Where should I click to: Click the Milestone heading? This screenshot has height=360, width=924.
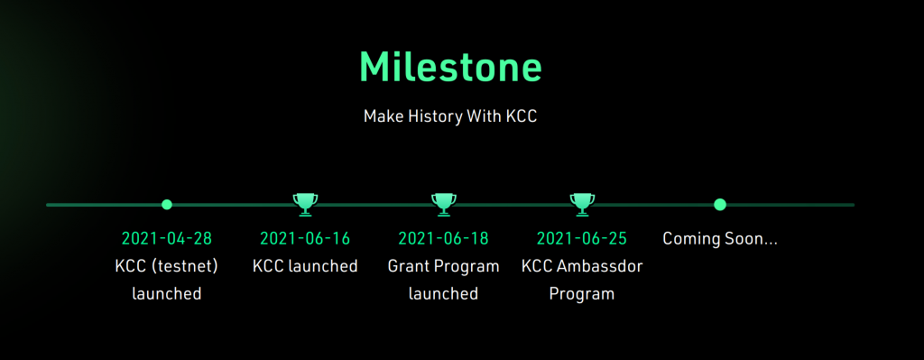(x=450, y=66)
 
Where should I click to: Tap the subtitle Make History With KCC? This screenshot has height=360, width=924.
(x=450, y=117)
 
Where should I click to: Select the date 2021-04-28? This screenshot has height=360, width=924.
(x=167, y=239)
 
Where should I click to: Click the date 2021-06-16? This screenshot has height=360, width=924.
(x=305, y=239)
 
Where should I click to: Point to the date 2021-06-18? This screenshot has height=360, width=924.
(x=443, y=239)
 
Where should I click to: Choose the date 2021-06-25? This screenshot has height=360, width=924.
(x=582, y=239)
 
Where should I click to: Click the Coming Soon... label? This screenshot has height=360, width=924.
(x=720, y=239)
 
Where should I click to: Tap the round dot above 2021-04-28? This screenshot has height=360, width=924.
(x=167, y=205)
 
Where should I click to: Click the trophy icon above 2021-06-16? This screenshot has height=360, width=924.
(x=305, y=204)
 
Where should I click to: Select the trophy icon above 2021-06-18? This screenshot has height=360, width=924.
(x=443, y=204)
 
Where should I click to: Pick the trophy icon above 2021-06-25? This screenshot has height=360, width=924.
(x=582, y=204)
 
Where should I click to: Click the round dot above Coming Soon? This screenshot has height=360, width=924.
(x=720, y=205)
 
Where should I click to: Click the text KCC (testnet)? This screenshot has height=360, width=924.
(x=167, y=266)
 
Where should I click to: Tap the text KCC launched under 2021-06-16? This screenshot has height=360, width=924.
(x=305, y=266)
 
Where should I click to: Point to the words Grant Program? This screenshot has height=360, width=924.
(x=443, y=266)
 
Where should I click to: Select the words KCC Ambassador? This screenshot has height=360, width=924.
(x=582, y=266)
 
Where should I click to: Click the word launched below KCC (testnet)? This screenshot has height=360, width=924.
(x=167, y=293)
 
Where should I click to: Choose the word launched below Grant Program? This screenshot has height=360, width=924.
(x=443, y=293)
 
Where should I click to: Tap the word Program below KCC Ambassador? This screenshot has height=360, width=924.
(x=582, y=293)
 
